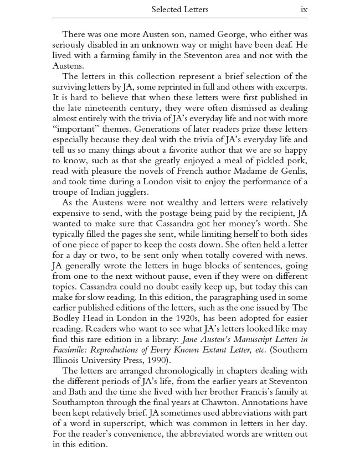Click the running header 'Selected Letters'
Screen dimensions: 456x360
click(x=180, y=9)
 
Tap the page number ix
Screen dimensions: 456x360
click(x=304, y=9)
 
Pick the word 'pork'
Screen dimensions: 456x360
click(x=294, y=160)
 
